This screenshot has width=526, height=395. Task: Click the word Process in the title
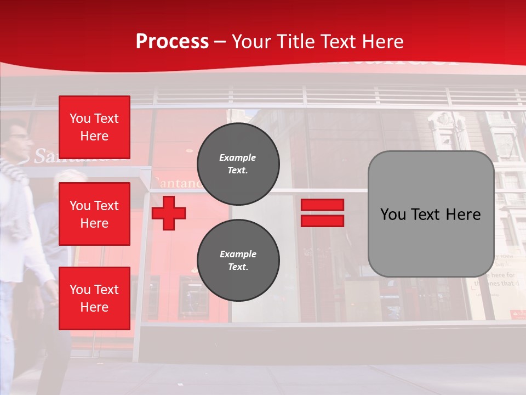tap(172, 42)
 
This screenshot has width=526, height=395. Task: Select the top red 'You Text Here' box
tap(94, 127)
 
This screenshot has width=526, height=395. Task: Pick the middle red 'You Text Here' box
tap(94, 214)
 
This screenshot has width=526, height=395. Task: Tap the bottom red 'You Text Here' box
tap(94, 298)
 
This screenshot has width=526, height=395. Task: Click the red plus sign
tap(169, 213)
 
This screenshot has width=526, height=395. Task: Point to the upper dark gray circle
tap(238, 164)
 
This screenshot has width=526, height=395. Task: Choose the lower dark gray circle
tap(238, 261)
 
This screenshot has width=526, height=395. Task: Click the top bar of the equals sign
tap(322, 205)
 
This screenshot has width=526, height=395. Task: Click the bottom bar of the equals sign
tap(322, 221)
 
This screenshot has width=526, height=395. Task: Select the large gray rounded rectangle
tap(431, 213)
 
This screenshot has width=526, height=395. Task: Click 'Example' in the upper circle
tap(238, 157)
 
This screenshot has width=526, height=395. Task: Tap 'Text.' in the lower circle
tap(238, 267)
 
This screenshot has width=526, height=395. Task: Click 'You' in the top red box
tap(80, 119)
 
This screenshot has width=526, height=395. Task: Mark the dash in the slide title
tap(220, 42)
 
